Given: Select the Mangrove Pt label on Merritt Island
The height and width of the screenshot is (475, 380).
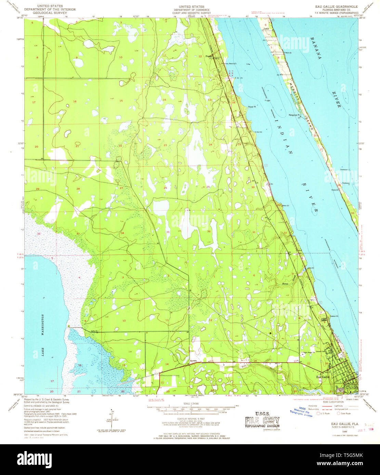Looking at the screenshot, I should point(294,115).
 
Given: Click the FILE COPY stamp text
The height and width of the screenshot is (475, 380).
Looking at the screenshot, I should point(262,420).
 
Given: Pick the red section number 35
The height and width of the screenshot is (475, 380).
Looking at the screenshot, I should point(168,232).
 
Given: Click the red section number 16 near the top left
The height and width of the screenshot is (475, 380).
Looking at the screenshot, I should point(75,101).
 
